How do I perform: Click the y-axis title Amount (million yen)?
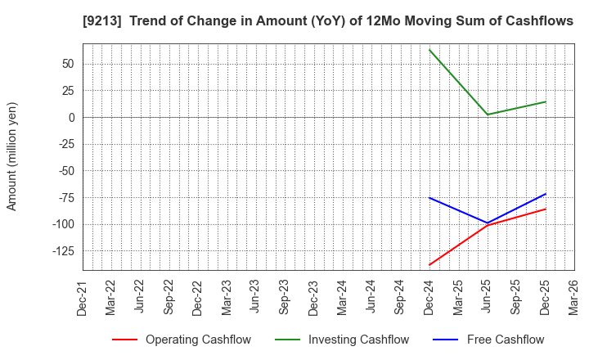pyautogui.click(x=12, y=156)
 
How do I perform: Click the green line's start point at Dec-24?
pyautogui.click(x=429, y=50)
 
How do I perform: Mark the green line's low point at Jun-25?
pyautogui.click(x=488, y=115)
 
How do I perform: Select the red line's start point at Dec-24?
pyautogui.click(x=429, y=265)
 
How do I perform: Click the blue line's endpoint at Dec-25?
pyautogui.click(x=546, y=194)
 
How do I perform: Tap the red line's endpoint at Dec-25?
pyautogui.click(x=546, y=209)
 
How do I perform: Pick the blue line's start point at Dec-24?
pyautogui.click(x=429, y=198)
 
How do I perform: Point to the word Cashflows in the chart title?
pyautogui.click(x=539, y=21)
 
